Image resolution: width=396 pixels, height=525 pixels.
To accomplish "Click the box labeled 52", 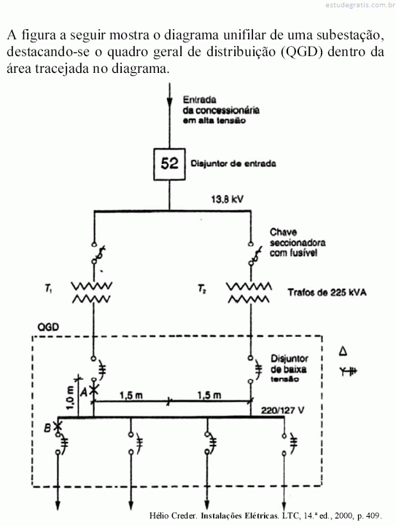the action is click(x=169, y=164).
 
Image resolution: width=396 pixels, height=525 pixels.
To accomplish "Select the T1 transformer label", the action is click(x=49, y=288).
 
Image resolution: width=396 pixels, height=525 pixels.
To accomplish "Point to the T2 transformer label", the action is click(x=202, y=289).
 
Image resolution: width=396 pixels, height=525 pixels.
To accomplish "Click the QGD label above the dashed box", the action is click(x=49, y=327).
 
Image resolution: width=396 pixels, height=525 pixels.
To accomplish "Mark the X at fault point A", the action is click(x=94, y=390).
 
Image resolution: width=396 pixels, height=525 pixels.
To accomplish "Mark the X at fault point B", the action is click(x=58, y=427).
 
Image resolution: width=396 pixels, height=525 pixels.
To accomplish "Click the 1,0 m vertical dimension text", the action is click(x=70, y=398).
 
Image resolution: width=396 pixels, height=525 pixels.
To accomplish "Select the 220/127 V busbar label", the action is click(x=283, y=410).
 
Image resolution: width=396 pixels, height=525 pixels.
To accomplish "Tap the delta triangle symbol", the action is click(x=343, y=351).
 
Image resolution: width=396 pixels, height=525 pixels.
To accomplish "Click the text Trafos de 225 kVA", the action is click(x=327, y=292).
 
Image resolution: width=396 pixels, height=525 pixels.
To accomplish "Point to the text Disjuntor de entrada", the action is click(x=233, y=164).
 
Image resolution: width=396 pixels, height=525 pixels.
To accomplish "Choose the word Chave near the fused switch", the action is click(x=283, y=232).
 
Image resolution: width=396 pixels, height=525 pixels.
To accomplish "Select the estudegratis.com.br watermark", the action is click(x=360, y=4).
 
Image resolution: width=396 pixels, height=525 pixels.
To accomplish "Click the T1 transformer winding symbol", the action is click(x=92, y=292).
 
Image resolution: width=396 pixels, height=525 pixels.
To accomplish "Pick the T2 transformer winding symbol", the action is click(x=249, y=292).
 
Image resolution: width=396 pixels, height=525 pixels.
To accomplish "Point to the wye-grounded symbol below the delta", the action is click(x=348, y=371).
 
